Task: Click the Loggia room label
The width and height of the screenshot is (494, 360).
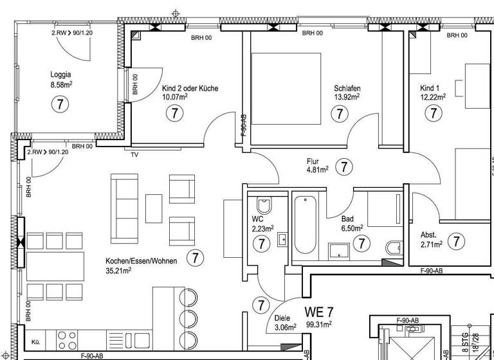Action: coord(61,74)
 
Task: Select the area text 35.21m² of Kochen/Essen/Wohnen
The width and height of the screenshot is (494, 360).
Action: coord(119,271)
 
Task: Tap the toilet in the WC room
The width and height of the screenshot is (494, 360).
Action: coord(264,206)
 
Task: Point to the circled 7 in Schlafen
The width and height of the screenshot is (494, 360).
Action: coord(338,114)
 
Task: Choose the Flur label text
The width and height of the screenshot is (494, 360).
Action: coord(313,161)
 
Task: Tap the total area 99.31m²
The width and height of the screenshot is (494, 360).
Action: coord(320,325)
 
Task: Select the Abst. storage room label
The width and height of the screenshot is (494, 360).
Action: coord(429,235)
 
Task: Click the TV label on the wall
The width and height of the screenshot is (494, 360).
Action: coord(134,155)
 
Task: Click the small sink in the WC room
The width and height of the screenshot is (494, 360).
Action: coord(282,241)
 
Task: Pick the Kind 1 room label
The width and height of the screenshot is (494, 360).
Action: coord(430,87)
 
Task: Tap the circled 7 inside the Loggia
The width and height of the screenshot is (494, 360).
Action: coord(60,103)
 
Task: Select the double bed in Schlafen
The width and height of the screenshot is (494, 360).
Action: coord(286,89)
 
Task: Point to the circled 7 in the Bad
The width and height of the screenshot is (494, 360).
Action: coord(362,244)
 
